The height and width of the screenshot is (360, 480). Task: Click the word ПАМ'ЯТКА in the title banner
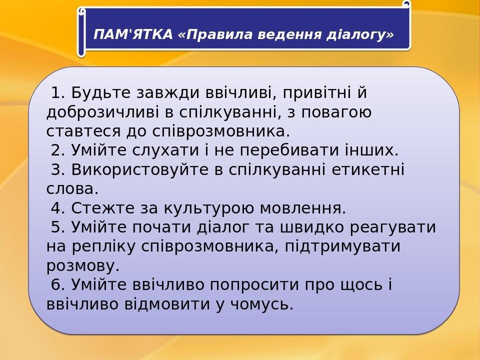pyautogui.click(x=133, y=34)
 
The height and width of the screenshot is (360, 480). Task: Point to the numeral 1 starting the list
pyautogui.click(x=56, y=92)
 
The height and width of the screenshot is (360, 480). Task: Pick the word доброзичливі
pyautogui.click(x=103, y=112)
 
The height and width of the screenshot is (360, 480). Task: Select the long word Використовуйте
pyautogui.click(x=140, y=169)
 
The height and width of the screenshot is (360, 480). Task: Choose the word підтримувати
pyautogui.click(x=343, y=246)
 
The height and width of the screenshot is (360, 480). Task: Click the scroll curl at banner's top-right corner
pyautogui.click(x=406, y=4)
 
